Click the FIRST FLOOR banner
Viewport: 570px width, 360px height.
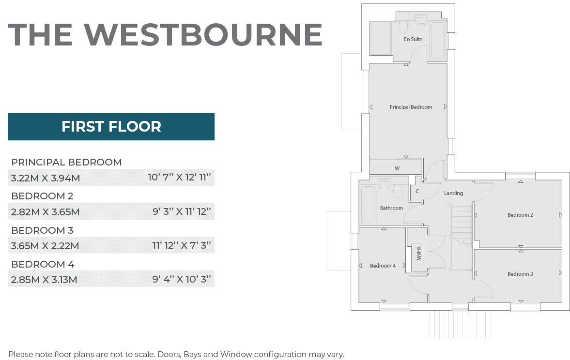(111, 127)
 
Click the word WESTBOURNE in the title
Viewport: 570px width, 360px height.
(203, 34)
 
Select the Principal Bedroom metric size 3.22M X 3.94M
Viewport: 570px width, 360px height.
(46, 178)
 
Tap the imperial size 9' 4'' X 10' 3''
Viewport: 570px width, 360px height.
(182, 280)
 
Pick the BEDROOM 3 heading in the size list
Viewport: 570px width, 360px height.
(42, 230)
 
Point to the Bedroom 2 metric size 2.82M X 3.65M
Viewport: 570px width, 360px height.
(46, 212)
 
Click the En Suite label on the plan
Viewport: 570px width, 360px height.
(413, 39)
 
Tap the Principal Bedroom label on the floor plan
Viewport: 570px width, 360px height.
(411, 107)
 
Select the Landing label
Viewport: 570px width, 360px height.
(453, 193)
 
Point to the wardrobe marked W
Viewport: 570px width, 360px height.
(397, 168)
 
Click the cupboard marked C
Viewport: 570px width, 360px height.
(417, 191)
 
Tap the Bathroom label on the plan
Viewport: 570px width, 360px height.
(391, 208)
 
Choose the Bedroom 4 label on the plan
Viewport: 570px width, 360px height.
(383, 266)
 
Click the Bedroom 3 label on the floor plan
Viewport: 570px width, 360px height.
(520, 274)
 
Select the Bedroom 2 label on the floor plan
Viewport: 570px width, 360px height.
(520, 215)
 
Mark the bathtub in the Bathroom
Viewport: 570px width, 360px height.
(368, 203)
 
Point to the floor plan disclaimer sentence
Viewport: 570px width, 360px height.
(176, 354)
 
